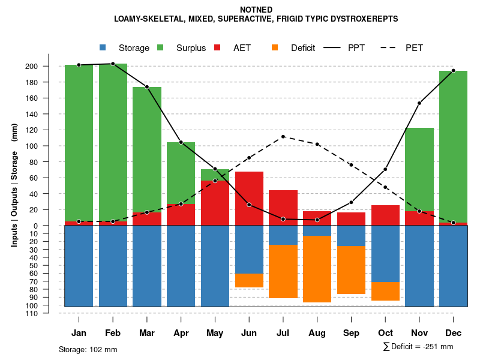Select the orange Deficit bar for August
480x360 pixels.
pos(317,269)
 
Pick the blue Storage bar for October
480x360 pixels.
pos(385,253)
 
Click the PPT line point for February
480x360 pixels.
pos(113,64)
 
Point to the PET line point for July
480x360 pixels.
pos(283,137)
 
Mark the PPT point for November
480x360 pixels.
pos(419,103)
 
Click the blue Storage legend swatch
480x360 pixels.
pos(103,48)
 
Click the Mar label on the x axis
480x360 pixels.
pos(147,333)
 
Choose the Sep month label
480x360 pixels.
pos(351,333)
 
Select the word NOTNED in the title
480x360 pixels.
pos(256,10)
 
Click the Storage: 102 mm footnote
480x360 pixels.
pos(88,349)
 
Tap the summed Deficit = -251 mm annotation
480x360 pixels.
pos(418,346)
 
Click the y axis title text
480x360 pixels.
pos(14,185)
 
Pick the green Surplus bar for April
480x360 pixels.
pos(181,173)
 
